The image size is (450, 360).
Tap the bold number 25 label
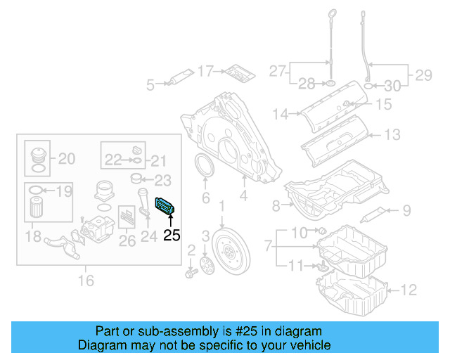[172, 236]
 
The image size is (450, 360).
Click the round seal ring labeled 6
[206, 171]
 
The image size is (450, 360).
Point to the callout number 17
[205, 71]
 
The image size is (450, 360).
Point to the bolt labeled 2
[191, 271]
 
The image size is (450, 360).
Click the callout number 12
[409, 288]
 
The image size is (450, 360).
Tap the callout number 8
[276, 205]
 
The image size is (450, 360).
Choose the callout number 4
[243, 198]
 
